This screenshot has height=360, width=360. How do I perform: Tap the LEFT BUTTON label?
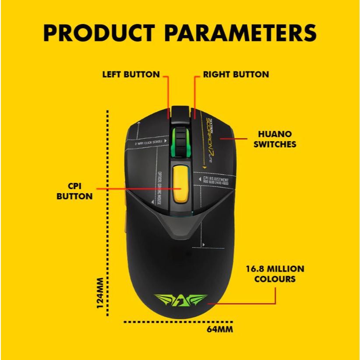[131, 74]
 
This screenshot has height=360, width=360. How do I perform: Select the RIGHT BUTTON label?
[236, 74]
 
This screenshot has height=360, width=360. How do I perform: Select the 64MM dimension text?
[219, 329]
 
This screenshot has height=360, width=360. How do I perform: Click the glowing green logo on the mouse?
[180, 301]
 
